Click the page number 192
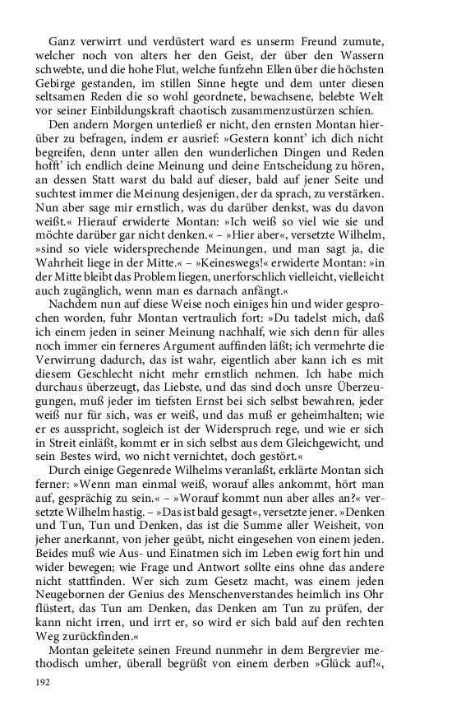pos(43,681)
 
